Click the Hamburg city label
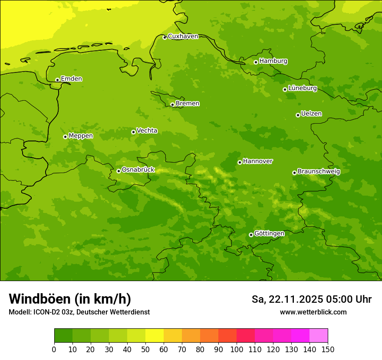point(273,61)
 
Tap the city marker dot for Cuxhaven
point(165,37)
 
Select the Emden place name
point(71,79)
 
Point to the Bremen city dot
point(172,105)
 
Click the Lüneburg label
point(302,88)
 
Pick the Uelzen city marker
point(298,115)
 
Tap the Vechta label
point(147,131)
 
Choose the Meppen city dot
point(65,137)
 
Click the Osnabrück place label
point(138,170)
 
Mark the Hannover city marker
point(240,162)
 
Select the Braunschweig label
point(319,172)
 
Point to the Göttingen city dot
point(251,235)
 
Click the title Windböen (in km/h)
point(70,299)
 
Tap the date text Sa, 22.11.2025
point(287,299)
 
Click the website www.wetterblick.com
point(313,312)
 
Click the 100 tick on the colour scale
point(237,349)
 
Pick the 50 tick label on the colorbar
point(145,349)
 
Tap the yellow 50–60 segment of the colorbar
point(155,336)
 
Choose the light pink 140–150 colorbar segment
point(319,336)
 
